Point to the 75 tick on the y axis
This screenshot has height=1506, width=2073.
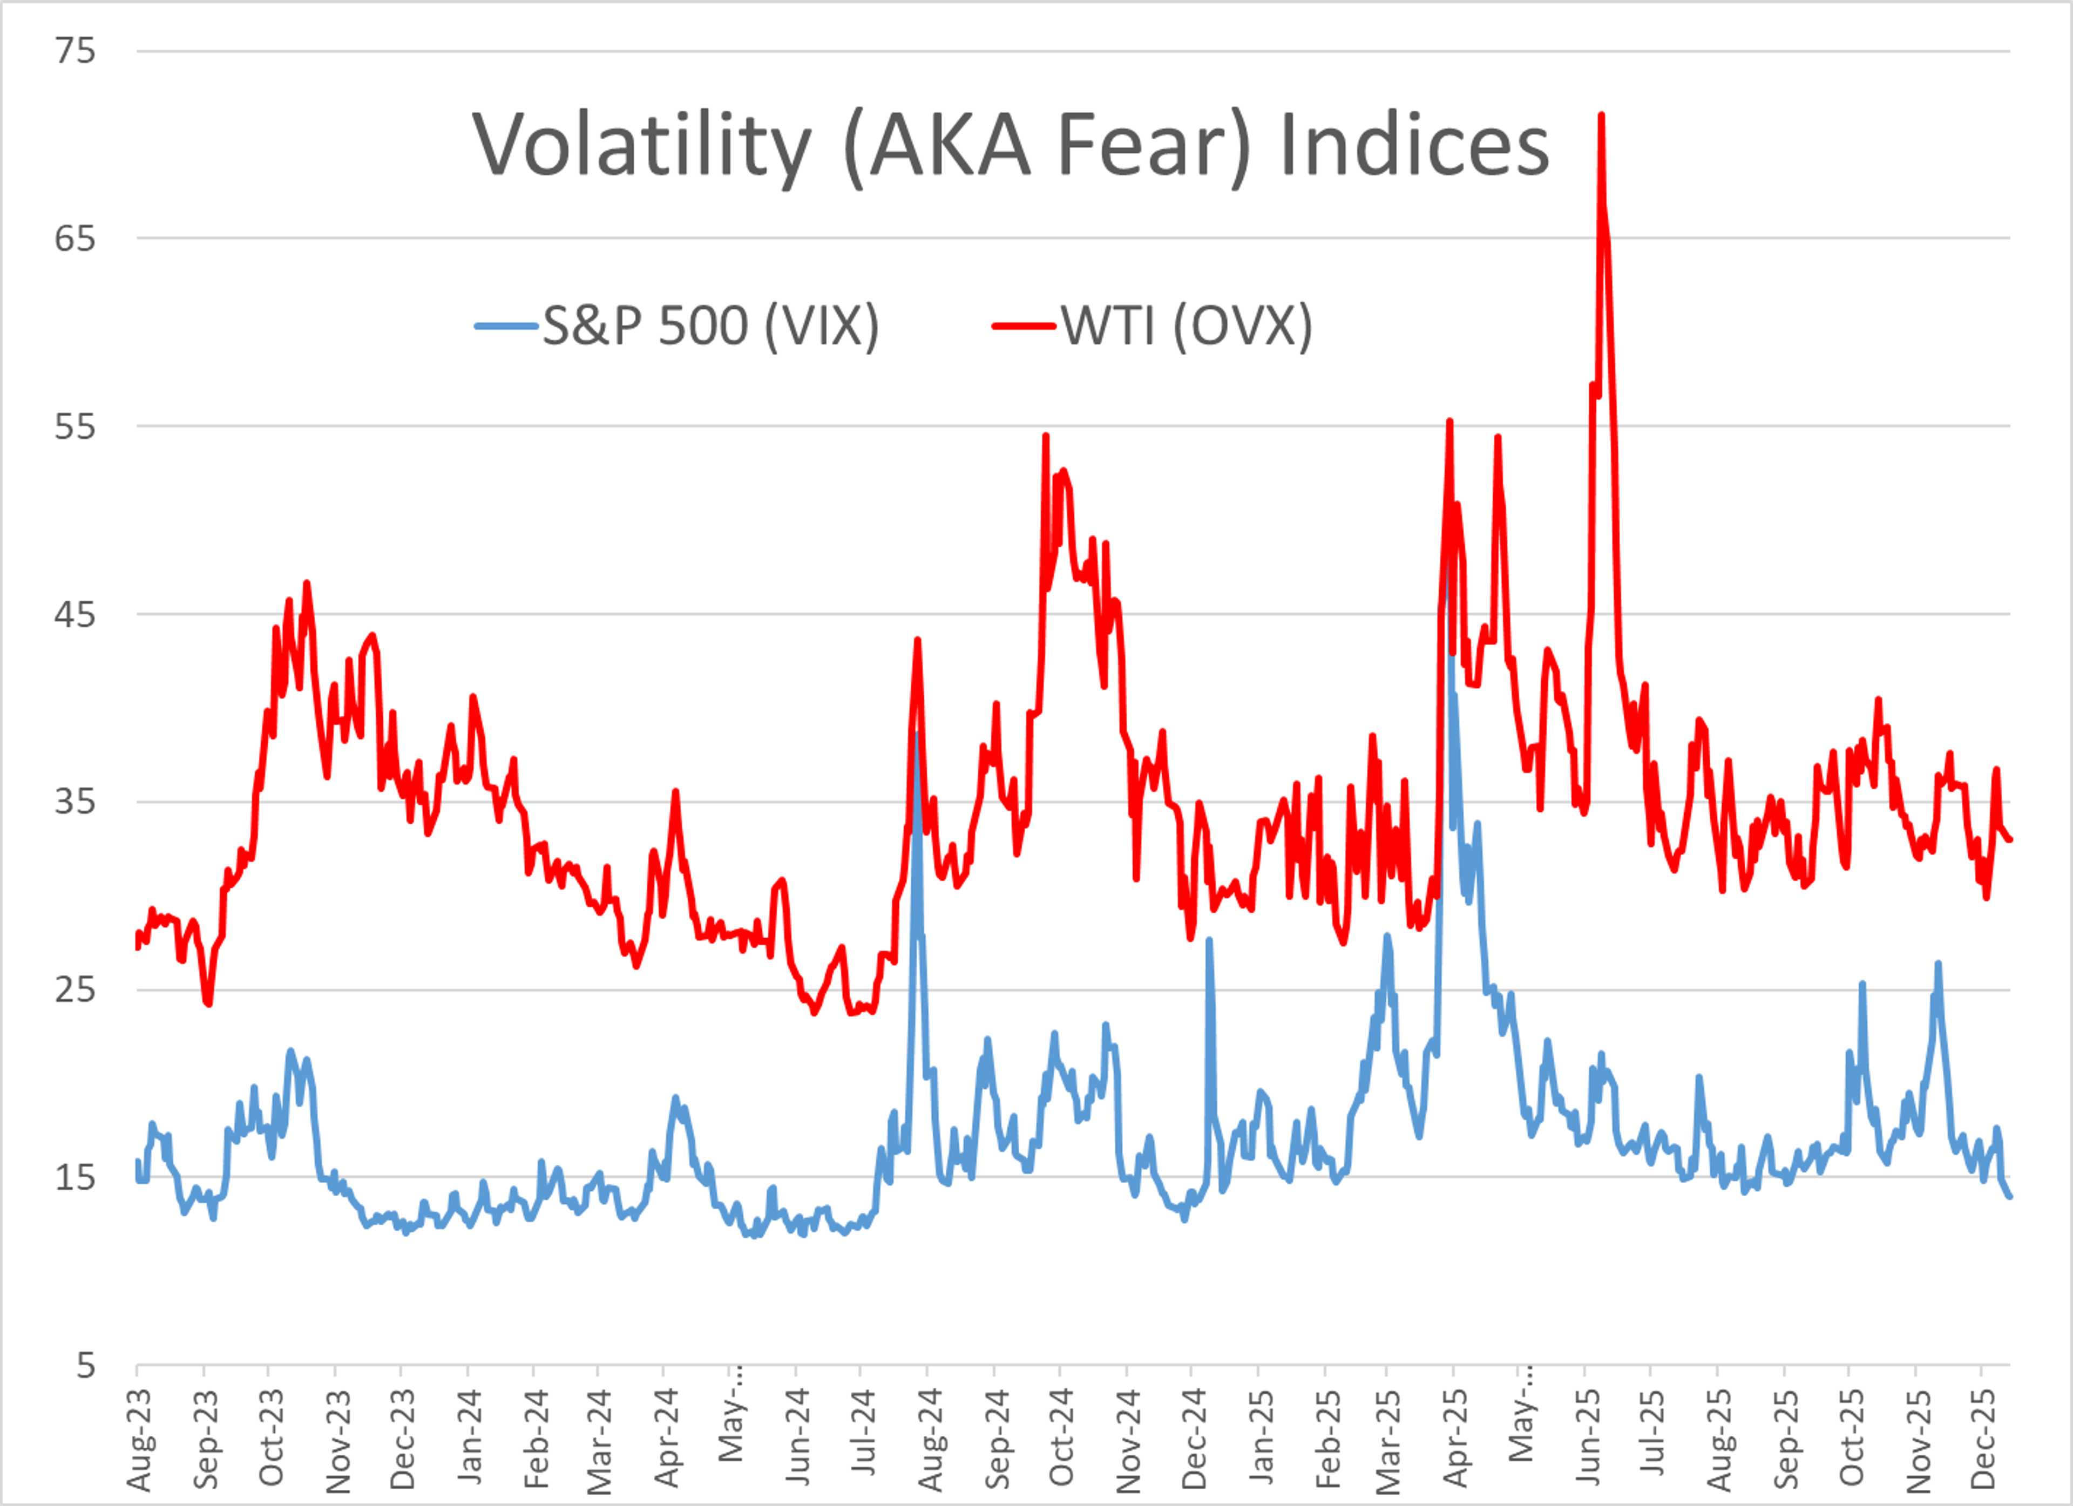pos(75,50)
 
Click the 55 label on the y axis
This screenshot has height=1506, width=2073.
pos(75,426)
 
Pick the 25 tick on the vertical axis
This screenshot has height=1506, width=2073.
pos(75,989)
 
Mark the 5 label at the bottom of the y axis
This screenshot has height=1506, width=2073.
pos(85,1365)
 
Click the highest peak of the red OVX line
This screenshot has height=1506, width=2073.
pos(1601,116)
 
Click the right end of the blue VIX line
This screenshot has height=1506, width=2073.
pos(2009,1196)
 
